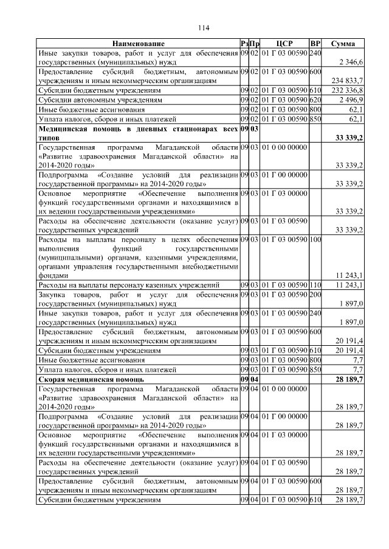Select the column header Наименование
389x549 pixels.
(138, 44)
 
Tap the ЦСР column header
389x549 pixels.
(284, 44)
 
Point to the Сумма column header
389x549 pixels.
(343, 44)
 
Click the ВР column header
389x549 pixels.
(315, 44)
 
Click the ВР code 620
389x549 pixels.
(315, 99)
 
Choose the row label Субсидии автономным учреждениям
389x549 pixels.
(91, 99)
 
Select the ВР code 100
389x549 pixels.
(315, 240)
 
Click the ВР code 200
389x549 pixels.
(315, 295)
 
